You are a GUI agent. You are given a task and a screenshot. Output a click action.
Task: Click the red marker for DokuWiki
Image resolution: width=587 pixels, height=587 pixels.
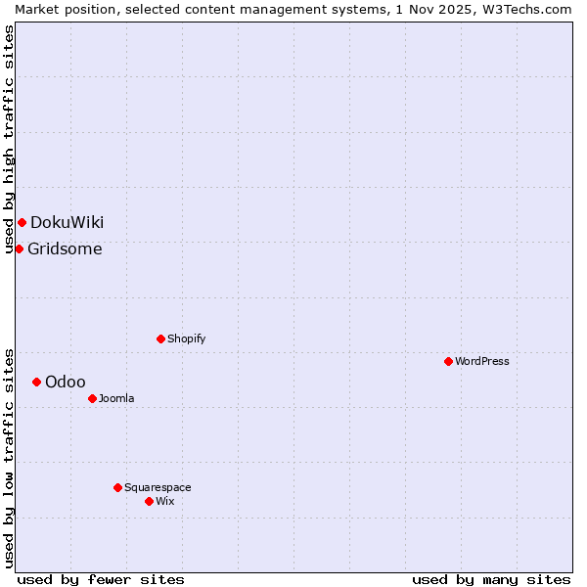click(22, 222)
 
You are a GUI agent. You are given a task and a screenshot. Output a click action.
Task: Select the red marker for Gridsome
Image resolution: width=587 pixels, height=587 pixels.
click(19, 248)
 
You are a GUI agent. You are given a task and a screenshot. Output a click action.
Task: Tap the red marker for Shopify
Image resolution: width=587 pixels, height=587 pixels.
click(160, 339)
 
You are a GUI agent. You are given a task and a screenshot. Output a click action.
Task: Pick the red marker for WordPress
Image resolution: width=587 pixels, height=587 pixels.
click(448, 361)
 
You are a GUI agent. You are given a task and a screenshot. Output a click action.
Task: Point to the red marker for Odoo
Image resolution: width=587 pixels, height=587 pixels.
click(36, 382)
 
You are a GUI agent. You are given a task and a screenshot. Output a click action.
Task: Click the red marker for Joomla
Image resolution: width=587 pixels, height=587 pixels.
click(92, 398)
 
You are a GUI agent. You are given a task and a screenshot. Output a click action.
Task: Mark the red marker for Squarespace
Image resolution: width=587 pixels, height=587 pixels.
click(117, 487)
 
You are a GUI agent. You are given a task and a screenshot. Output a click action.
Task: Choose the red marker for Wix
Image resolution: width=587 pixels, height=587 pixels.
click(149, 501)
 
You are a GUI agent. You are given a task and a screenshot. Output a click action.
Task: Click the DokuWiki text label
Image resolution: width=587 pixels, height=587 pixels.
click(67, 222)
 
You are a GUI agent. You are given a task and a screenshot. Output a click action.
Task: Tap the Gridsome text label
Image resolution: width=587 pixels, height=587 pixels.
click(65, 248)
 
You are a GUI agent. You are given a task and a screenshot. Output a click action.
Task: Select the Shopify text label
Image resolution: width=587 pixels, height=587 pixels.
click(186, 339)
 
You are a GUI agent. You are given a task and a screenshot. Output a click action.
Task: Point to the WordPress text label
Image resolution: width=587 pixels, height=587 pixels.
click(481, 361)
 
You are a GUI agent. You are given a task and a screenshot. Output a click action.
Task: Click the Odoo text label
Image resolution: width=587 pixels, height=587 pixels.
click(66, 382)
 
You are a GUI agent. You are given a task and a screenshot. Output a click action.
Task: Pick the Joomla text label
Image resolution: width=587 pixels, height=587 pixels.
click(116, 398)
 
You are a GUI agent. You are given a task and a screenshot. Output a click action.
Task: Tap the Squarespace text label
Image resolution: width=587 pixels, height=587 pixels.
click(158, 487)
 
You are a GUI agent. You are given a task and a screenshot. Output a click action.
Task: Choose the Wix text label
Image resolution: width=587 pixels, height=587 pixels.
click(164, 501)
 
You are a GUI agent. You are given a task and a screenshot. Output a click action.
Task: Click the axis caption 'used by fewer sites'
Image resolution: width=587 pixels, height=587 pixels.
click(101, 579)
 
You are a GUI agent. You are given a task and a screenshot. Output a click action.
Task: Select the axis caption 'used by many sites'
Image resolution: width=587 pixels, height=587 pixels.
click(491, 579)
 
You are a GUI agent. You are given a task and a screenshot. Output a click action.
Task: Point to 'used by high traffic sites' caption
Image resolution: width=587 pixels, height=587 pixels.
click(9, 139)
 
